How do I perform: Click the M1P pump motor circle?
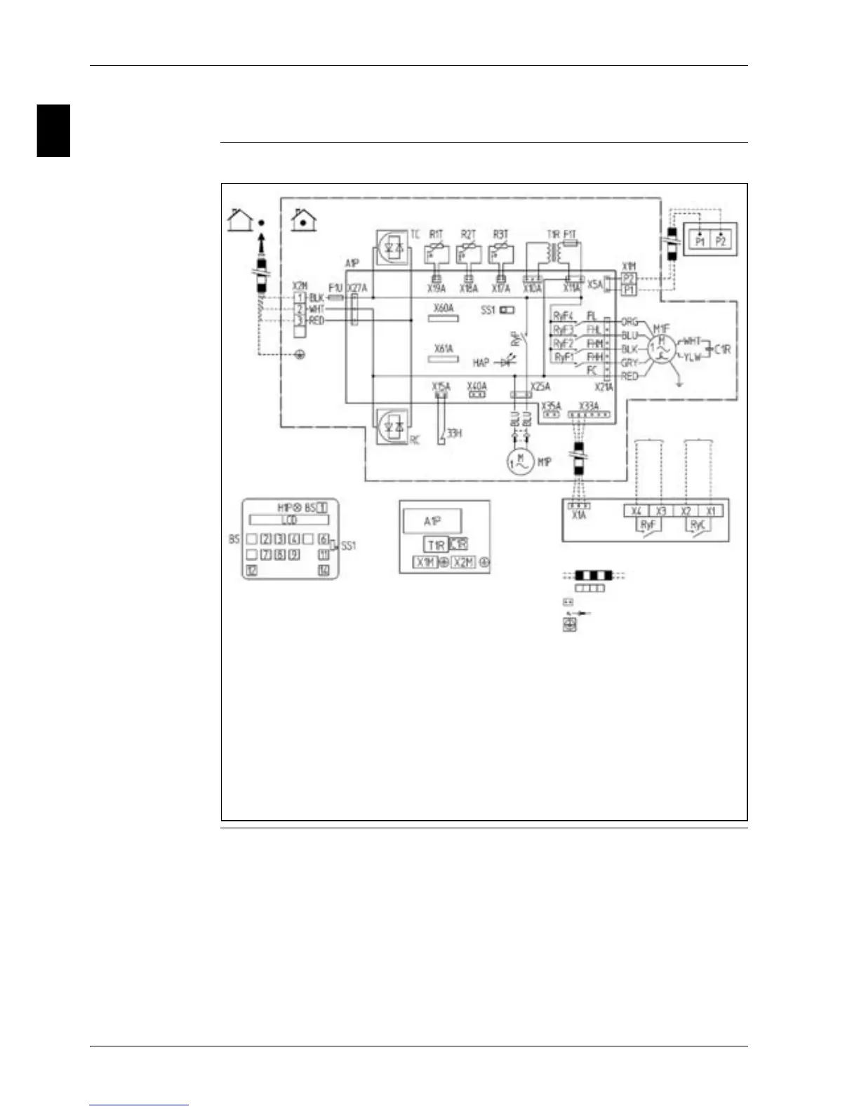(x=520, y=462)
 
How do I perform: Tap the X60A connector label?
(x=444, y=309)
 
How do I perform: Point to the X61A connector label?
(x=444, y=349)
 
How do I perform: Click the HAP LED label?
(x=481, y=363)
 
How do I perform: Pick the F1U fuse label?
(x=335, y=288)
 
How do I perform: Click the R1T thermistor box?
(x=437, y=252)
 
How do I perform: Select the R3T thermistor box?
(x=501, y=252)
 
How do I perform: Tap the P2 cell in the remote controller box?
(x=721, y=241)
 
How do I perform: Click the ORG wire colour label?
(x=630, y=322)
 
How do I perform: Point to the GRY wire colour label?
(x=630, y=363)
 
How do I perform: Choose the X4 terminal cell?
(x=636, y=511)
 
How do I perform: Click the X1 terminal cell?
(x=711, y=511)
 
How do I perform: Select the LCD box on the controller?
(x=289, y=520)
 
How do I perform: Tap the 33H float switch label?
(x=455, y=433)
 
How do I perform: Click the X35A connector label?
(x=551, y=405)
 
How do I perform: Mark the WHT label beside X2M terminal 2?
(x=317, y=309)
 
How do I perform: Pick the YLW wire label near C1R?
(x=692, y=358)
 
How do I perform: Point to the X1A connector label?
(x=578, y=515)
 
